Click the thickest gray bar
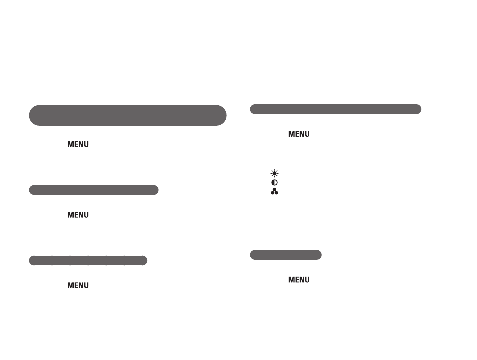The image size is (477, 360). (x=128, y=115)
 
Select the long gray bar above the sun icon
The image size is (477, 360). (x=336, y=109)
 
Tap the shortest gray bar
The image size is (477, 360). (x=286, y=255)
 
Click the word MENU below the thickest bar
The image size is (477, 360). (x=78, y=144)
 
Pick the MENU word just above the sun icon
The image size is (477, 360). (x=299, y=134)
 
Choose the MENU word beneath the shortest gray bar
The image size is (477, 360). (x=299, y=280)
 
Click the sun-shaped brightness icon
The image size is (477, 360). (x=274, y=174)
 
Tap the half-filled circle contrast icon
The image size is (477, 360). (x=274, y=182)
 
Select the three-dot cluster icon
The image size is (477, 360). (x=274, y=191)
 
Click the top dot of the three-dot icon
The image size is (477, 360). (x=274, y=190)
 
